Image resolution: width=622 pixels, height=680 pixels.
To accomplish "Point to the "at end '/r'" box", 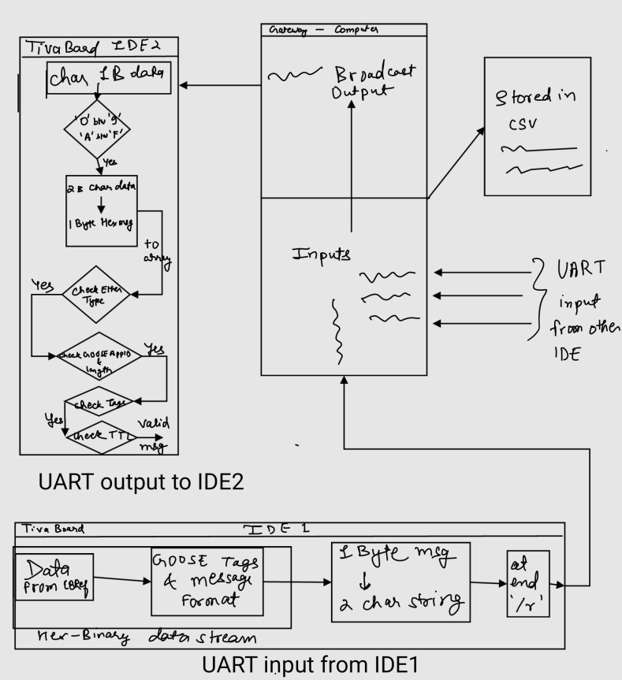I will [x=526, y=584].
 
